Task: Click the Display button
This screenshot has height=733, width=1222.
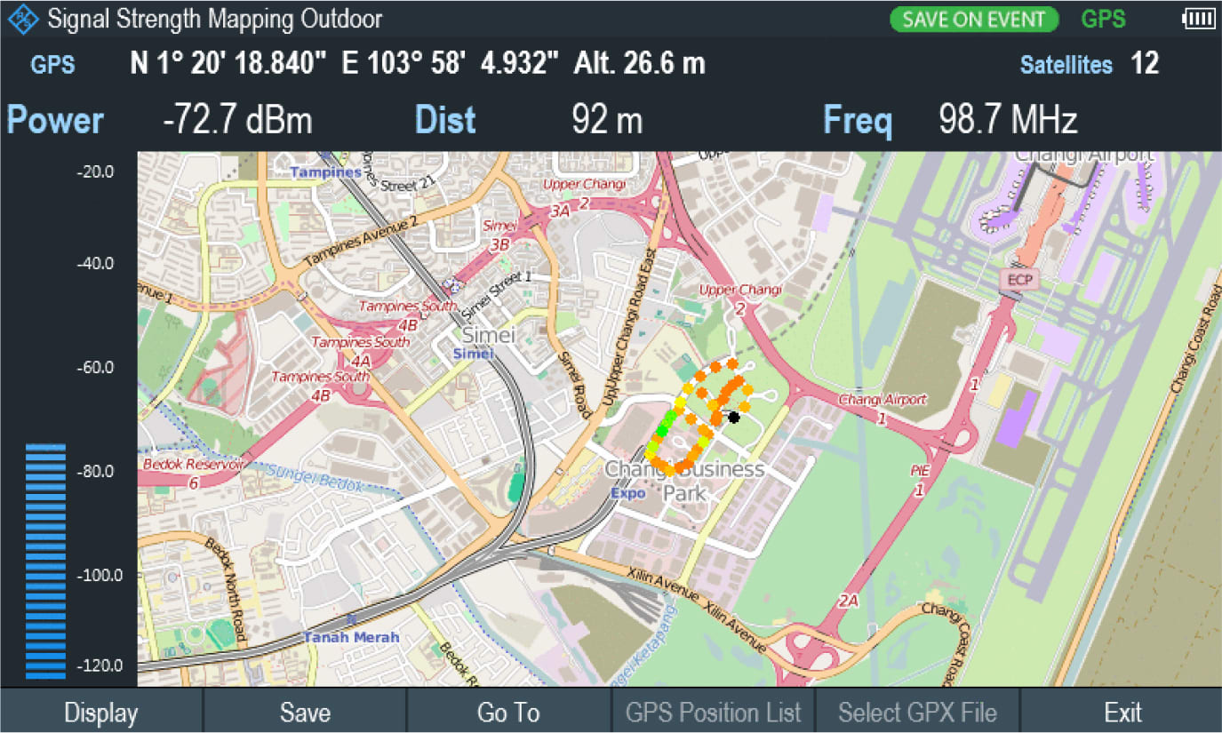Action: pyautogui.click(x=101, y=713)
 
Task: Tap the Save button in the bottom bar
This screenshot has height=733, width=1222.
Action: pyautogui.click(x=305, y=713)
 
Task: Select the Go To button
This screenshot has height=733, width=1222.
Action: pyautogui.click(x=508, y=713)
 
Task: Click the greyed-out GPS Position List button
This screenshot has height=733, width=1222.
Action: pyautogui.click(x=713, y=713)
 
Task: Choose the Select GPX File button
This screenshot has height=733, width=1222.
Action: pyautogui.click(x=917, y=713)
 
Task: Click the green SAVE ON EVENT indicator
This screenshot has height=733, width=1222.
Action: pyautogui.click(x=974, y=20)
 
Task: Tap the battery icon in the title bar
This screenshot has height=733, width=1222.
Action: pyautogui.click(x=1197, y=19)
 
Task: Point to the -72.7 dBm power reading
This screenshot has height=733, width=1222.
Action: pyautogui.click(x=237, y=120)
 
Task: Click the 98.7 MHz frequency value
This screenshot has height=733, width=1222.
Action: pyautogui.click(x=1008, y=120)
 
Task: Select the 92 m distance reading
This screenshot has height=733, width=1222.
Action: pyautogui.click(x=607, y=120)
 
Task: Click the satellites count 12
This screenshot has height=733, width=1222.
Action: pyautogui.click(x=1145, y=64)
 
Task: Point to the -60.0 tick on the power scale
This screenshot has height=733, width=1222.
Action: pyautogui.click(x=95, y=367)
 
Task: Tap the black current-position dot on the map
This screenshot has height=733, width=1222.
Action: pyautogui.click(x=733, y=417)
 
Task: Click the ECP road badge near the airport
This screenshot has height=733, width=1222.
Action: pyautogui.click(x=1017, y=279)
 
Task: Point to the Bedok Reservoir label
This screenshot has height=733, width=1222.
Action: pyautogui.click(x=194, y=465)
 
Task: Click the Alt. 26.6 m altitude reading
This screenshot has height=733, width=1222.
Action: pyautogui.click(x=639, y=64)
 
